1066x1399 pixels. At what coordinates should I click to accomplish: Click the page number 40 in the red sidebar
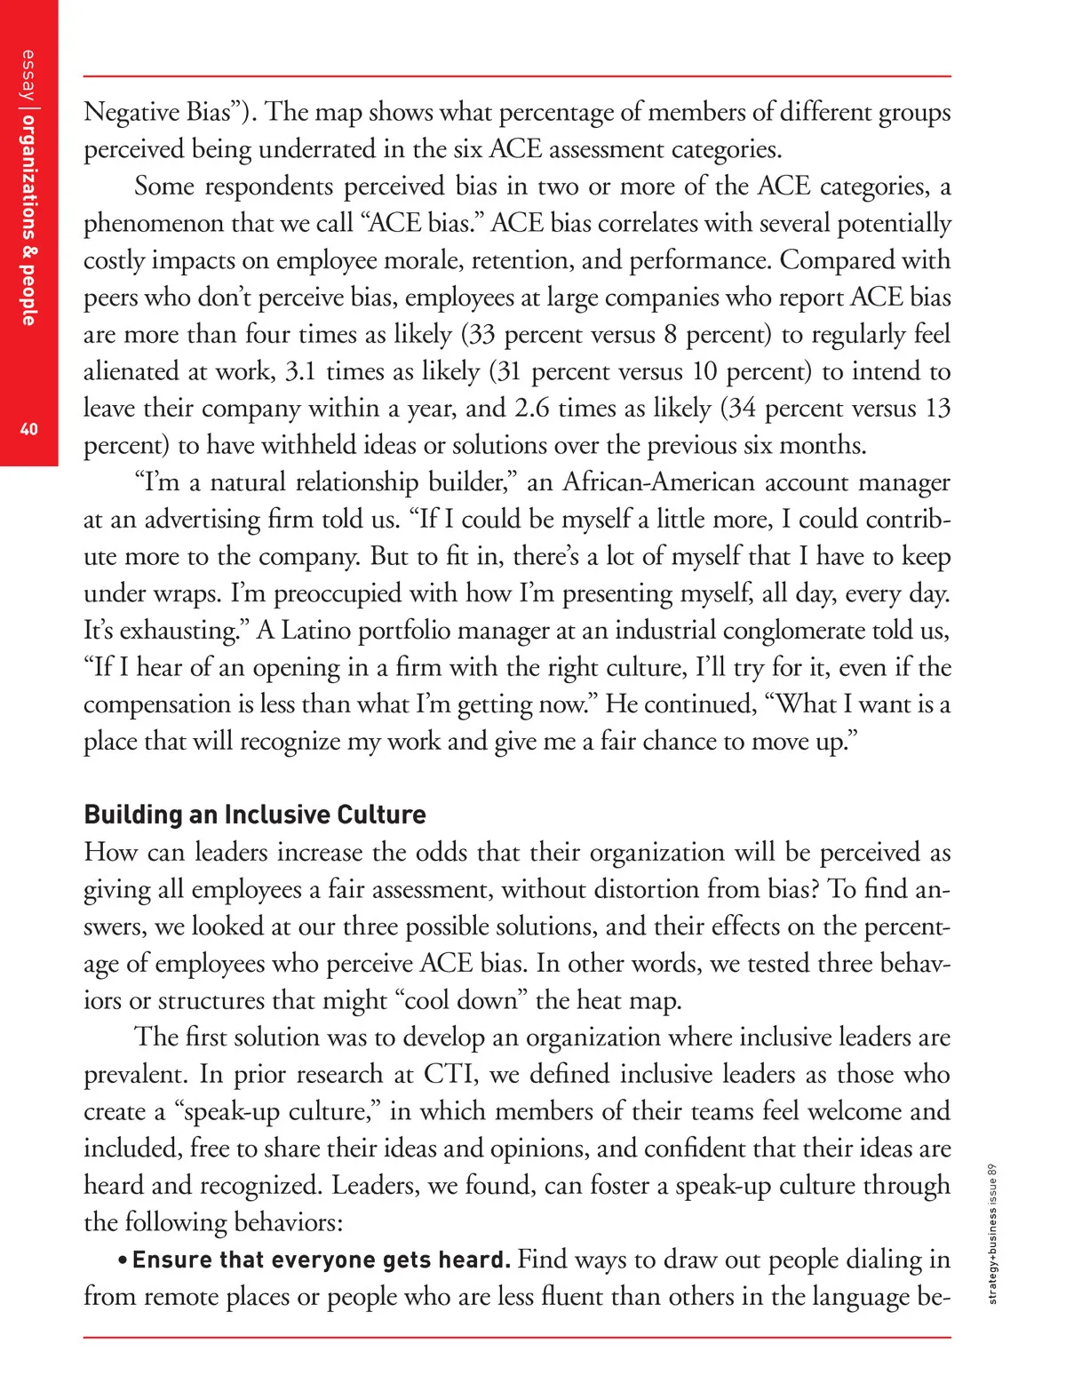[29, 429]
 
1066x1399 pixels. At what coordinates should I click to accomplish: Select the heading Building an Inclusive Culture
[255, 815]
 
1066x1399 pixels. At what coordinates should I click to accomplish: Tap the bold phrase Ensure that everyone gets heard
[322, 1260]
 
